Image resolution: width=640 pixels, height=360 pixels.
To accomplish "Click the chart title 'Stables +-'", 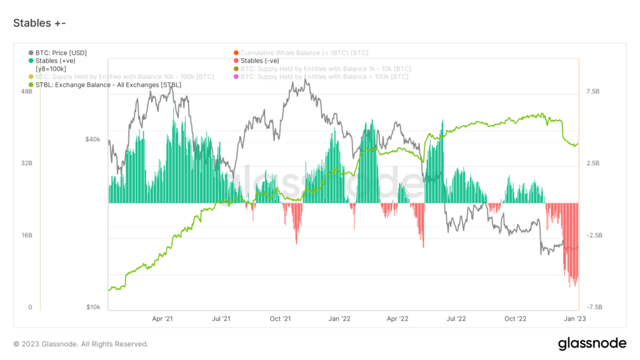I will click(x=39, y=23).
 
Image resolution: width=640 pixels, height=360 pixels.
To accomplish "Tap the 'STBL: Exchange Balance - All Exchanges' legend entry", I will click(x=108, y=84).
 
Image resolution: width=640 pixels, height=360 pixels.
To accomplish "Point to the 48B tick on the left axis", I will click(x=26, y=91).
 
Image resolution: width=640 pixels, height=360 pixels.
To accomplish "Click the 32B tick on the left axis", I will click(x=26, y=163).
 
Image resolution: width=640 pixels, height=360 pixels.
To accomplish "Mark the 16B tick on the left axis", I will click(x=26, y=235).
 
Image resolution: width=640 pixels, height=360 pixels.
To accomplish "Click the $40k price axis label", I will click(x=92, y=139).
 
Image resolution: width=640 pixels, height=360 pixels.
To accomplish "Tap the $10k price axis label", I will click(x=92, y=307).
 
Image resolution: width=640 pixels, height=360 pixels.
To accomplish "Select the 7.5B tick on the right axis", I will click(x=594, y=91).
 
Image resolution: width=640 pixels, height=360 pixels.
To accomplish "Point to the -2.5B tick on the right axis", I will click(x=594, y=235).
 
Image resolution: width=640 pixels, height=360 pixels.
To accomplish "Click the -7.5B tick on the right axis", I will click(x=594, y=307).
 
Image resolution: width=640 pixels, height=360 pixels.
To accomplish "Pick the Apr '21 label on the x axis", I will click(x=162, y=319).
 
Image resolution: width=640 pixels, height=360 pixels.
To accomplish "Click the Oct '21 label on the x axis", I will click(x=281, y=319).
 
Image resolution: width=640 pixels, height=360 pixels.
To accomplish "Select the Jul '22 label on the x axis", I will click(x=456, y=319).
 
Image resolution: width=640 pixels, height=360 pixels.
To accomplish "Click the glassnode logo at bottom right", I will click(x=591, y=343).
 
